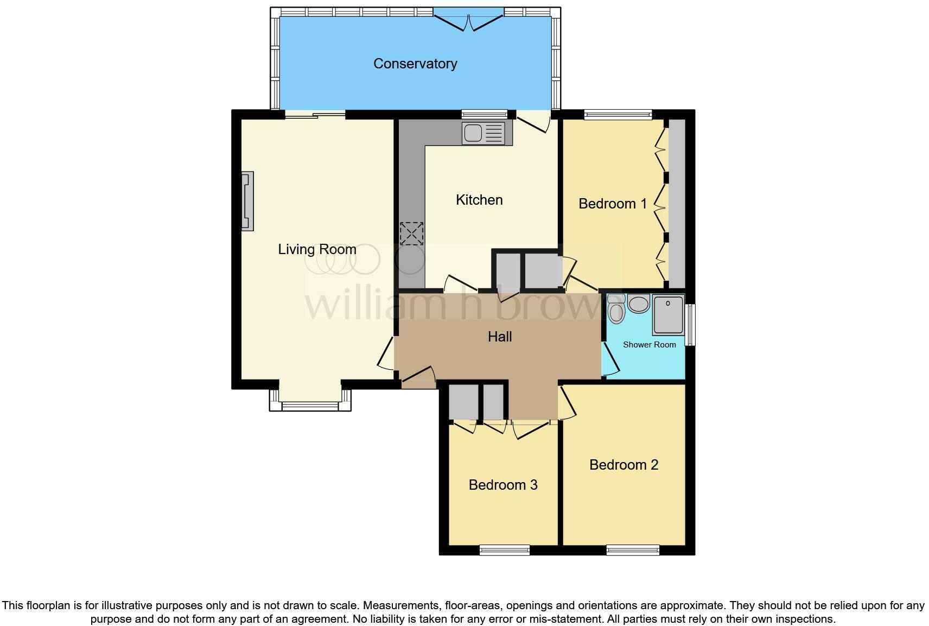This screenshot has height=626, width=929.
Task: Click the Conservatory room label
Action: (x=415, y=64)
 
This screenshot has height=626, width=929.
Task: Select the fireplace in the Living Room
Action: (x=247, y=201)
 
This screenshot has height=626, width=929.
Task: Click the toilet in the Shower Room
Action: (x=616, y=311)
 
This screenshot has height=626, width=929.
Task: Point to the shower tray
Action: (x=668, y=314)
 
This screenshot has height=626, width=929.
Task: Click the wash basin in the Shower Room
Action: (x=639, y=304)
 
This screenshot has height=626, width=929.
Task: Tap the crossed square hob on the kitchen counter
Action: (x=411, y=234)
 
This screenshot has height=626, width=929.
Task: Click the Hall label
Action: (x=499, y=337)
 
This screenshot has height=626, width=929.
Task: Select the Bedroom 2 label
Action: (x=623, y=465)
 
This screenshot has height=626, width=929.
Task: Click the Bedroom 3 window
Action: (x=504, y=550)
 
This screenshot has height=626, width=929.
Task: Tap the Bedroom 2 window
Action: (x=633, y=550)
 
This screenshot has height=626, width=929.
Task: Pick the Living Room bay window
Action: (x=310, y=405)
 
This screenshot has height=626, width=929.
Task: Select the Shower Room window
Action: (x=690, y=325)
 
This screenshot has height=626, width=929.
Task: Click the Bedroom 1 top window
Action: (x=618, y=114)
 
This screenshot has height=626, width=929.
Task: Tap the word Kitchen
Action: (x=479, y=200)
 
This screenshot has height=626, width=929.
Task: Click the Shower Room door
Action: (x=610, y=358)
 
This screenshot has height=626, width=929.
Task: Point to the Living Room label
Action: (x=317, y=249)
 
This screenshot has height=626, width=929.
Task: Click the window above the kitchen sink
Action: (x=484, y=114)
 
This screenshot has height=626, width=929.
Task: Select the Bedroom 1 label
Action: (x=613, y=204)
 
